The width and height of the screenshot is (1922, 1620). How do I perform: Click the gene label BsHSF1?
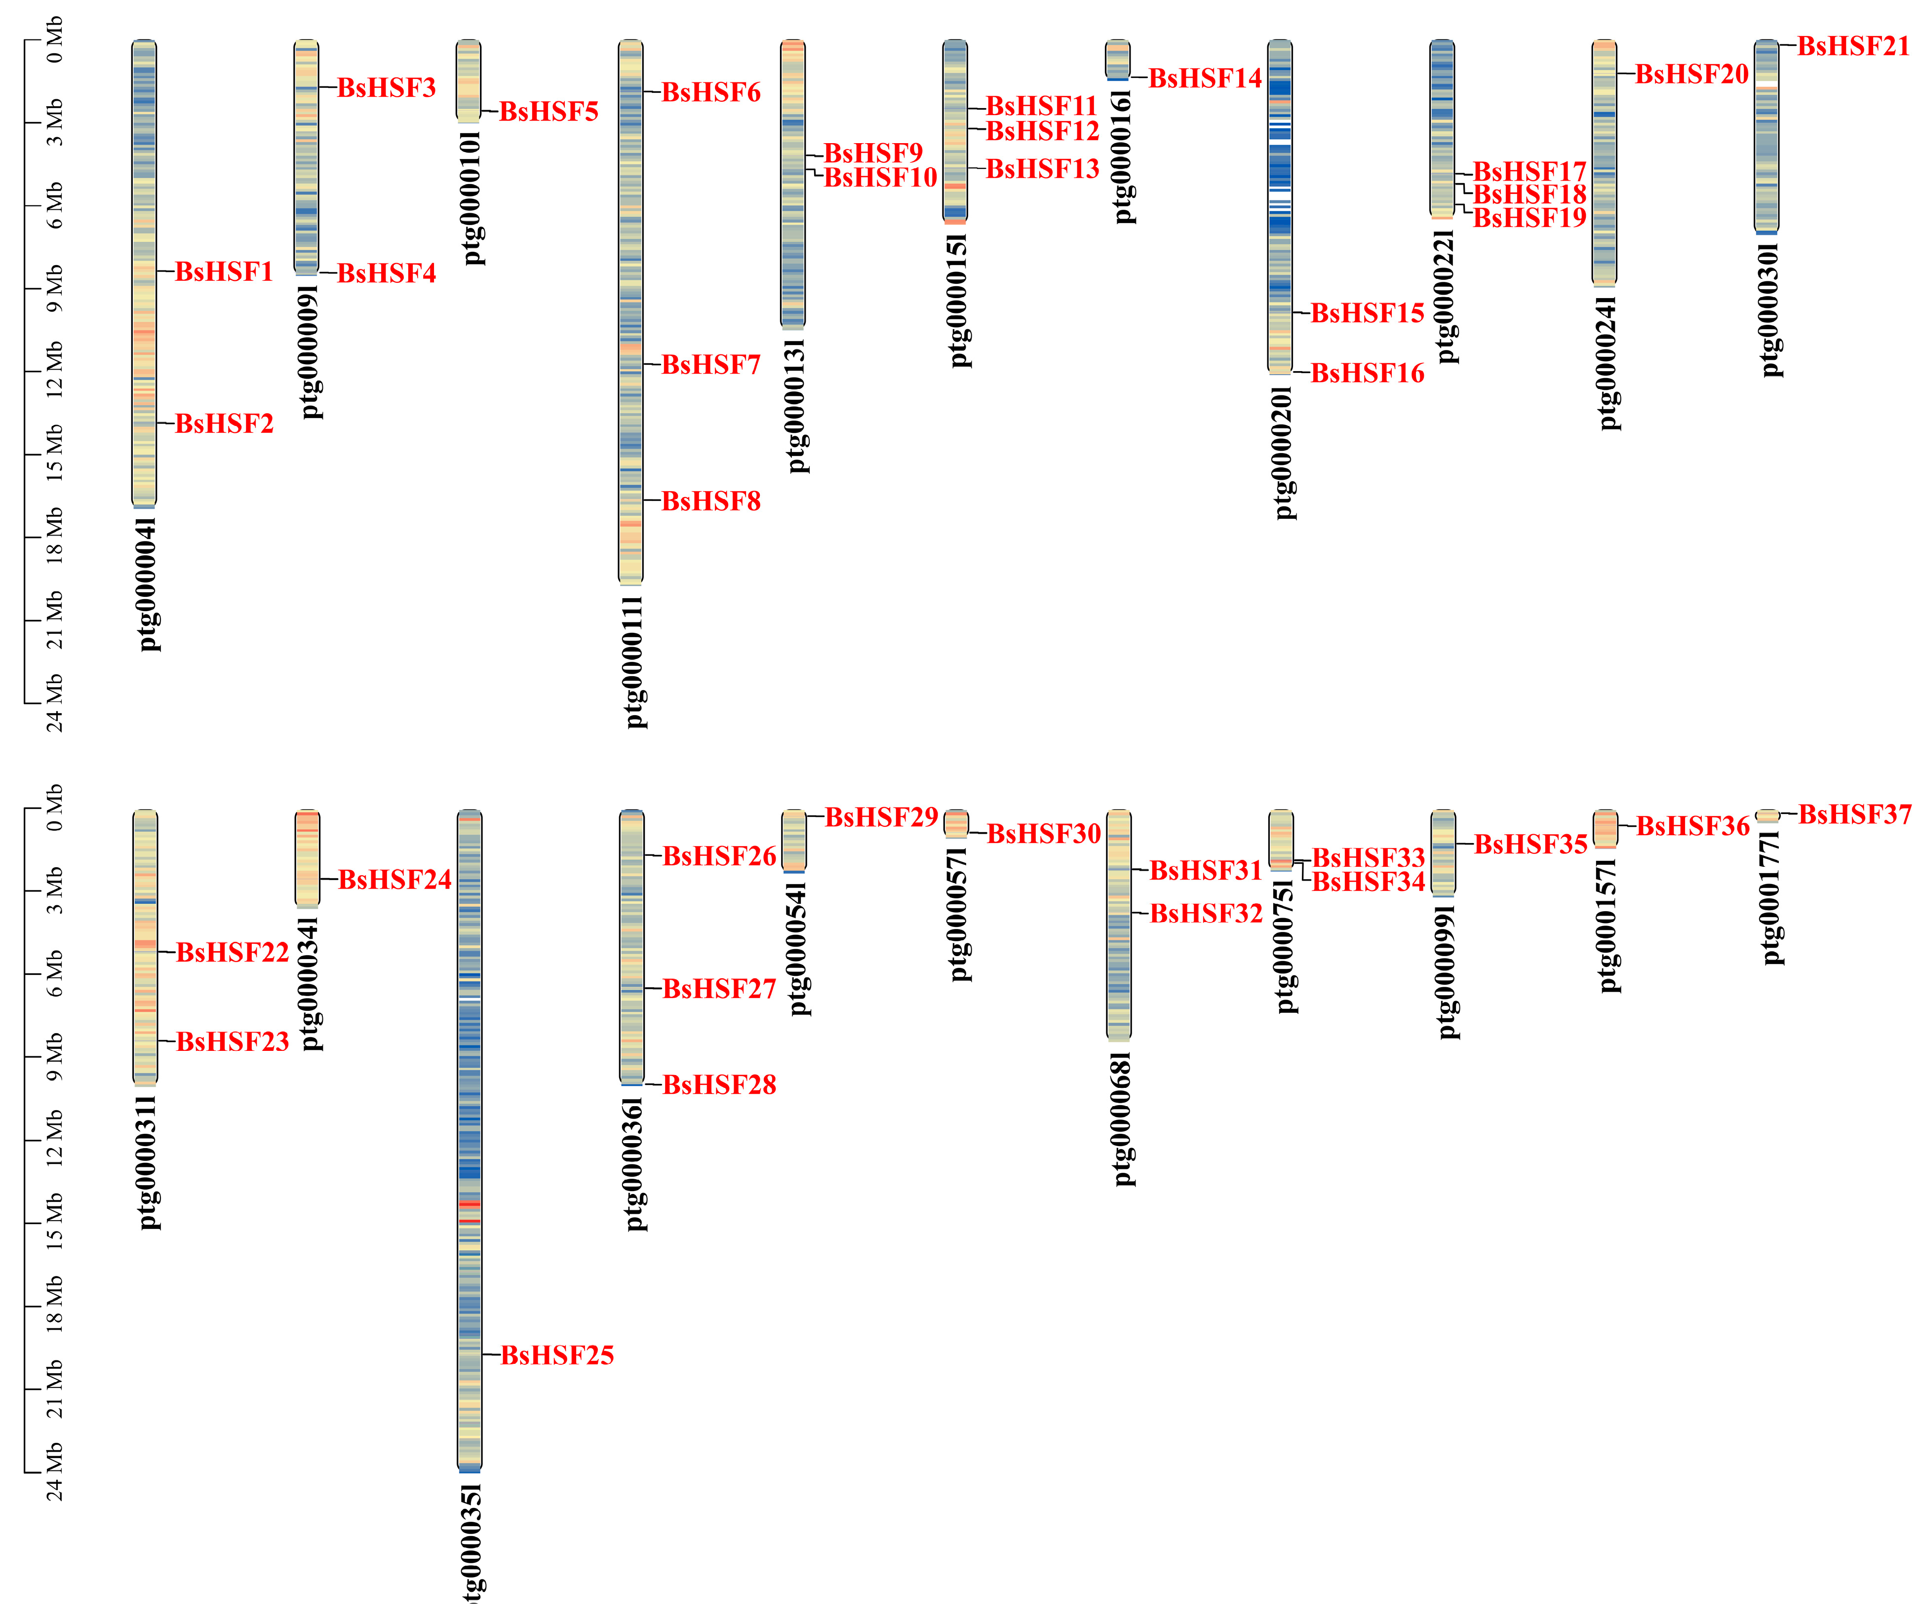[224, 272]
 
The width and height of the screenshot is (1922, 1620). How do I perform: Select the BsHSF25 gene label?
[557, 1355]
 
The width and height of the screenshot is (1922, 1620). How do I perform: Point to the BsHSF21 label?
[1853, 46]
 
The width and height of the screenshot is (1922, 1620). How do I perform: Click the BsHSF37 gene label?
[1854, 814]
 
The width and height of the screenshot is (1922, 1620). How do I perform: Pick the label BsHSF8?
[711, 501]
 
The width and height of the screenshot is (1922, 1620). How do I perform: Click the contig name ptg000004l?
[149, 584]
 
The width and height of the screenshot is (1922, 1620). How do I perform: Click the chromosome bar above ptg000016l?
[1117, 60]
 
